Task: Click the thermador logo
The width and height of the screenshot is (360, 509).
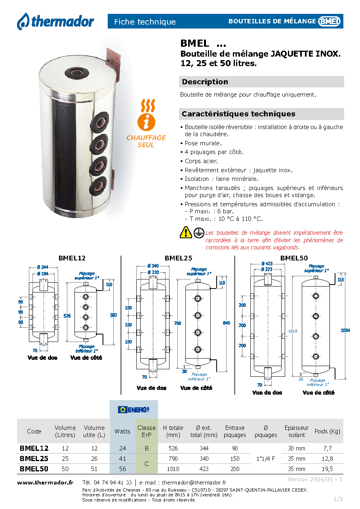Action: (55, 22)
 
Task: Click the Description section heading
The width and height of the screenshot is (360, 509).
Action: (205, 82)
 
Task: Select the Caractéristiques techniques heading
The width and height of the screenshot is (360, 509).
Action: (238, 114)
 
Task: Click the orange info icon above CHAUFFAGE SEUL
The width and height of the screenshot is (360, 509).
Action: (146, 122)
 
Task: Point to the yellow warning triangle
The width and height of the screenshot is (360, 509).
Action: (186, 232)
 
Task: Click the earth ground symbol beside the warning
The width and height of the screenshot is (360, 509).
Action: (199, 233)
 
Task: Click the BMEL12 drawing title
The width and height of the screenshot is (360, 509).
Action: (72, 258)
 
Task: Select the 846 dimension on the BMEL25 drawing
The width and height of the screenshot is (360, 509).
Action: (226, 323)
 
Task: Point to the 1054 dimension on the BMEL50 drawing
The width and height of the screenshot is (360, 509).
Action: (345, 330)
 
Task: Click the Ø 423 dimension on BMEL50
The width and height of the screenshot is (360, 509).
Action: (267, 264)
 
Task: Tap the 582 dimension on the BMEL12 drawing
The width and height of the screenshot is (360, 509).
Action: (114, 315)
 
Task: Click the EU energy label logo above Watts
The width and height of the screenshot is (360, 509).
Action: (134, 410)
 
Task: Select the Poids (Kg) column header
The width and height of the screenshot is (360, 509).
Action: (327, 431)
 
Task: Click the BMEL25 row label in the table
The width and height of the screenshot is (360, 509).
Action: (34, 459)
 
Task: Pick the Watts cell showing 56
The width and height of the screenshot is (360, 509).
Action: (123, 469)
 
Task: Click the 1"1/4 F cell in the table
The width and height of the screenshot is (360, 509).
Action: (266, 459)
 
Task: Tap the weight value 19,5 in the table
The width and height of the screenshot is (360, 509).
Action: (327, 469)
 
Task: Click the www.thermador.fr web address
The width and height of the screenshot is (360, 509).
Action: (45, 482)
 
